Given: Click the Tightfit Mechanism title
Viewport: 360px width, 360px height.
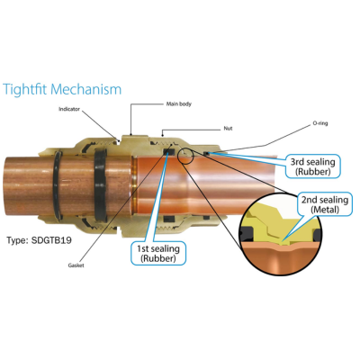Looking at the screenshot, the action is pos(62,89).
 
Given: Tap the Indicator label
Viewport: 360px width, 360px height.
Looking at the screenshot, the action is pos(69,109).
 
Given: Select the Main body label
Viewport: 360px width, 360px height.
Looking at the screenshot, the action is pos(179,104).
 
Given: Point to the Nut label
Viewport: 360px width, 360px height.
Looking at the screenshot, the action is pos(228,129).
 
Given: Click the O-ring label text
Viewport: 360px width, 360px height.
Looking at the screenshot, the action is pos(320,123).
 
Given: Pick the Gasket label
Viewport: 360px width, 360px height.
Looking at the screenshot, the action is pos(76,265).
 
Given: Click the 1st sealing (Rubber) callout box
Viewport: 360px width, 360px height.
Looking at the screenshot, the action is pos(158,254).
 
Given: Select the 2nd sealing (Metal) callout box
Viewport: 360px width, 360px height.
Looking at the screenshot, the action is pos(325,204).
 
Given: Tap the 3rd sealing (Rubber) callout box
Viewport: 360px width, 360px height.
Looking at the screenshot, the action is pos(313,166).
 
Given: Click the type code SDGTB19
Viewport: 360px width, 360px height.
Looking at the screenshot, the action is pos(51,240).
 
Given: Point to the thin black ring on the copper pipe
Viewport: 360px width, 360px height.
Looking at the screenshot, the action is pos(58,185).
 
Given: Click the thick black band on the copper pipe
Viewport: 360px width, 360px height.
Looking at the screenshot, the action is pos(100,185).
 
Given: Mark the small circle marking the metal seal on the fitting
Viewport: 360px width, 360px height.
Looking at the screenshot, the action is pos(185,156).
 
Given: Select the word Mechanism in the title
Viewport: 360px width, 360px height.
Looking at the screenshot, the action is pos(86,89).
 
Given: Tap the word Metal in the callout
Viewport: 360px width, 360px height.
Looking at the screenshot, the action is pos(325,209).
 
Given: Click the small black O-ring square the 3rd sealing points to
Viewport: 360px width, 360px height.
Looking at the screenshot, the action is pos(206,154).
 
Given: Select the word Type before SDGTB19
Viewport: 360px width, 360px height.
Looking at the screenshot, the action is pos(17,240).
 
